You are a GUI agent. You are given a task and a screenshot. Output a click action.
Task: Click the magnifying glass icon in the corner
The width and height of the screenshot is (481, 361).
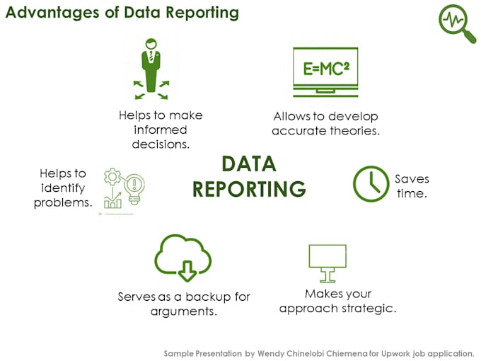[x=456, y=24]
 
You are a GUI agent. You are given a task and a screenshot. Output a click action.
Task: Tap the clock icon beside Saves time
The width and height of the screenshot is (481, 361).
[x=371, y=184]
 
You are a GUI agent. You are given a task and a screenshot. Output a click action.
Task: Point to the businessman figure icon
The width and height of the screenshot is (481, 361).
[x=151, y=68]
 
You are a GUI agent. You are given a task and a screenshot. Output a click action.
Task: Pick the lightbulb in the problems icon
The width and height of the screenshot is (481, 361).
[x=134, y=185]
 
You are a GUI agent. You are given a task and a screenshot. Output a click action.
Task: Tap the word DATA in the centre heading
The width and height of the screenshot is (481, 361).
[x=249, y=164]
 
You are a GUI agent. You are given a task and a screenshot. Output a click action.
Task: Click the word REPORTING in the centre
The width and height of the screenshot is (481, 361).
[x=249, y=190]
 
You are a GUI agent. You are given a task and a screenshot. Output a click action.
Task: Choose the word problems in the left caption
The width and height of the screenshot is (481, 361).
[x=63, y=202]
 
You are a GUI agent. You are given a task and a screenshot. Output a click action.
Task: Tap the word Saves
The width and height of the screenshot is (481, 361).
[x=412, y=178]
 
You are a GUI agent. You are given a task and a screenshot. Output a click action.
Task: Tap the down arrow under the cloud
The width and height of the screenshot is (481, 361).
[x=187, y=269]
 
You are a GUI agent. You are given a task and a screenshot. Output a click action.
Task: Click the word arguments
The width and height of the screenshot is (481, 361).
[x=183, y=311]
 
